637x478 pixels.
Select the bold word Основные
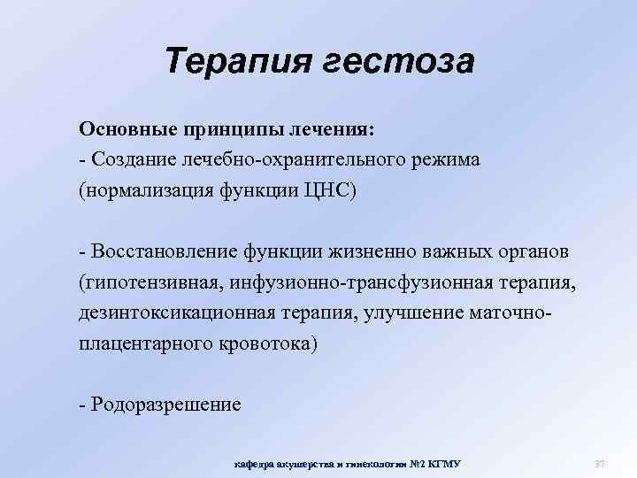(127, 129)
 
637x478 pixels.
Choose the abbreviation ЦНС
(332, 191)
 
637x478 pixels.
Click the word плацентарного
(141, 343)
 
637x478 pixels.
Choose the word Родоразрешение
(164, 405)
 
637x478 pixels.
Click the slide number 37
(598, 464)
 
